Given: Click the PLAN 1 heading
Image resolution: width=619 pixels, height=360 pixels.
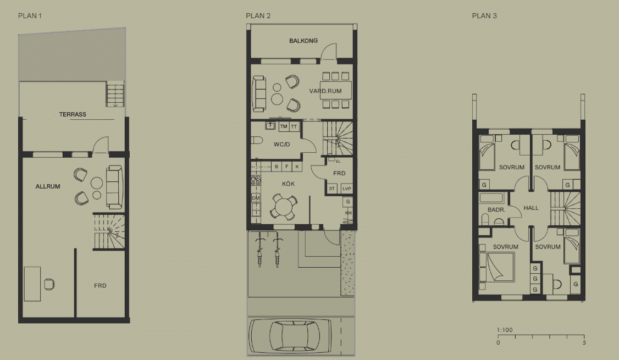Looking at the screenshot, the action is pos(30,16).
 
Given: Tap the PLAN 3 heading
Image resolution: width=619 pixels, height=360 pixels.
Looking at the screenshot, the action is pos(484,16).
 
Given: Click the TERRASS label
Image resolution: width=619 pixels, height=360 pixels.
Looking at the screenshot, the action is pos(73,114).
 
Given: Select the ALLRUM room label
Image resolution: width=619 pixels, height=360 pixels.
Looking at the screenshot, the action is pos(48,186).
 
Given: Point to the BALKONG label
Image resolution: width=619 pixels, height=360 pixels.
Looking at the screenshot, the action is pos(303,41).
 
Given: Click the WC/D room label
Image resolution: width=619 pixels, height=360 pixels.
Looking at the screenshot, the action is pos(281,145).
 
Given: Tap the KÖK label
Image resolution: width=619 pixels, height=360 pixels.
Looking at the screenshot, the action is pos(288,184).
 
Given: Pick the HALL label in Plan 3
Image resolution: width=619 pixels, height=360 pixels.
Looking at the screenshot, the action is pos(531,208).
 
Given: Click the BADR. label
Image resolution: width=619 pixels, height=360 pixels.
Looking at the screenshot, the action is pos(496,209).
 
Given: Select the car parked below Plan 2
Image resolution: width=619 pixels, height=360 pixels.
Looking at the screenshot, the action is pos(290,336).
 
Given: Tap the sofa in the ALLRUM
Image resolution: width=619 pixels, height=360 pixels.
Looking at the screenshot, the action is pos(114,187).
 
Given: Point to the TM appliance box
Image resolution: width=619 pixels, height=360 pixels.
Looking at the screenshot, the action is pos(284,127).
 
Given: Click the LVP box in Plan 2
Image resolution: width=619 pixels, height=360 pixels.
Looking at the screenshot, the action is pos(347,189).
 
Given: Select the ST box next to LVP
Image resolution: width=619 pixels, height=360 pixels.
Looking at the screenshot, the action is pos(332,189).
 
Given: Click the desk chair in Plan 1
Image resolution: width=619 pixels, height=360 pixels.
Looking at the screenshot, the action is pos(49,284).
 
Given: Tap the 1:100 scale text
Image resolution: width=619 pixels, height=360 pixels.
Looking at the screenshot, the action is pos(505,330).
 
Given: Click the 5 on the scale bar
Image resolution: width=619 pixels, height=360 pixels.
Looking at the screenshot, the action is pos(584,342).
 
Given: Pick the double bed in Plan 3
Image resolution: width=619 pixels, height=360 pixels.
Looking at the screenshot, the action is pos(496,267).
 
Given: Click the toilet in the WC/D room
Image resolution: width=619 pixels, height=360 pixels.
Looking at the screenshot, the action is pos(257,140).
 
